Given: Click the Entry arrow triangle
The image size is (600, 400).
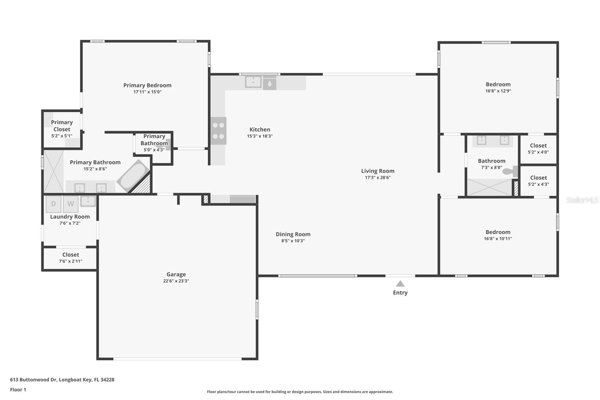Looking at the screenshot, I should [x=400, y=284].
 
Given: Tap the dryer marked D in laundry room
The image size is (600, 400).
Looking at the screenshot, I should [x=53, y=204].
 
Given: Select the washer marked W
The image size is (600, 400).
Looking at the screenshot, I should [x=70, y=204].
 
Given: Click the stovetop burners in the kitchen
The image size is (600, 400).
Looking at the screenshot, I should [x=218, y=131].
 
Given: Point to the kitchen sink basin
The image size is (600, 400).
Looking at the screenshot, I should [x=253, y=81].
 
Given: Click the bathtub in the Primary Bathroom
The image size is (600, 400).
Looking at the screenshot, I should [x=133, y=176].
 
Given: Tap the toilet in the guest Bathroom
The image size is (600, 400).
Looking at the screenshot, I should [x=508, y=171].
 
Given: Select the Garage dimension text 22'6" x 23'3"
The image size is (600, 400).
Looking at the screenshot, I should [x=176, y=281].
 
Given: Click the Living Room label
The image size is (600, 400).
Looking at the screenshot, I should [x=378, y=171].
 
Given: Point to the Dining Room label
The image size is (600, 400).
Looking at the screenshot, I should [x=293, y=234].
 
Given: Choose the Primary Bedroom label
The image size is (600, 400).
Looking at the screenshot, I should [x=147, y=85].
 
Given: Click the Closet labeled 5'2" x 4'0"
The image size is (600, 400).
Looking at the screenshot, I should [x=538, y=149].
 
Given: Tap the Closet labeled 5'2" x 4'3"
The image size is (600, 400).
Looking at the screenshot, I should [x=538, y=181].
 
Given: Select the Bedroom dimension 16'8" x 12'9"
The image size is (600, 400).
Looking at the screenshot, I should [x=498, y=91].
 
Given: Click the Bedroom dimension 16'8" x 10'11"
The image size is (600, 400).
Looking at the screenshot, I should [x=498, y=239].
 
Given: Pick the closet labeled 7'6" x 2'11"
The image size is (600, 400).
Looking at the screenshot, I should [x=70, y=258].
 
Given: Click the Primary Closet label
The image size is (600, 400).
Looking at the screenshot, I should [x=62, y=126].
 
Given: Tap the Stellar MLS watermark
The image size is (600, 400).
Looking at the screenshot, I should [x=582, y=200].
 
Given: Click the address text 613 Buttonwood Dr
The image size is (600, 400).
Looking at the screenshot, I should [x=33, y=379].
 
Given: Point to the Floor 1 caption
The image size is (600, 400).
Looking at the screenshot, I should [x=18, y=389].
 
